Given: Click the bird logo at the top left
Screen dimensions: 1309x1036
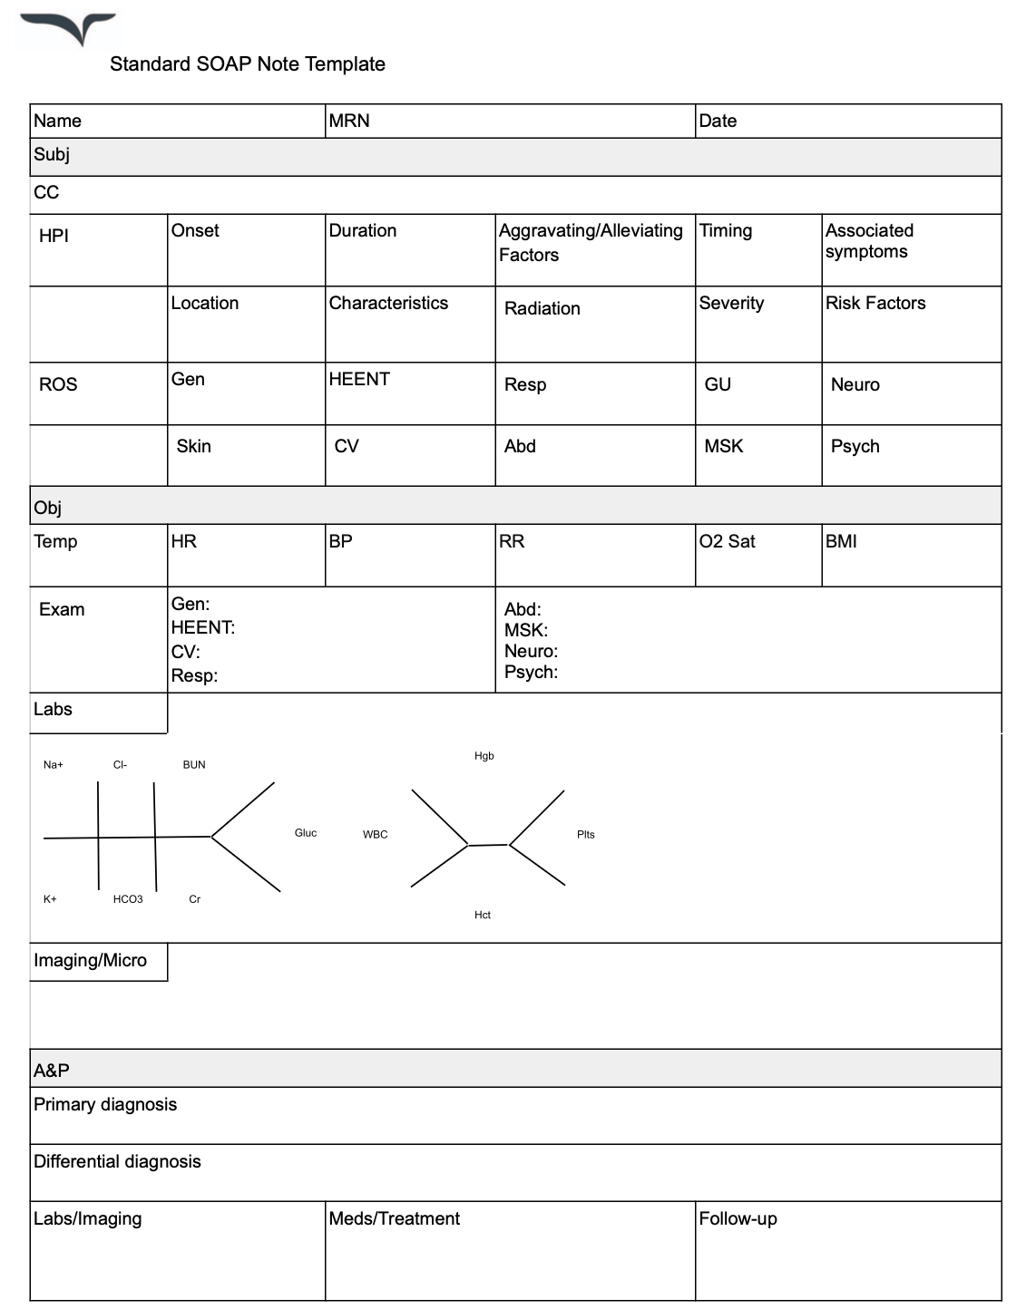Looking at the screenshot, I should [69, 28].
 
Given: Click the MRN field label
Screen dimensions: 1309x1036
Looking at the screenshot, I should [349, 121].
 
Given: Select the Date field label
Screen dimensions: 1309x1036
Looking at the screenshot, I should [718, 121].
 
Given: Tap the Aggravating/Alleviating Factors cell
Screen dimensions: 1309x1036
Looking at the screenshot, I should [591, 243].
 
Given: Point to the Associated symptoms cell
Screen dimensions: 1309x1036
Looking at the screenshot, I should [869, 241].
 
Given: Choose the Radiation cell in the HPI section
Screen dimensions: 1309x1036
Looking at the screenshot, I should [542, 309].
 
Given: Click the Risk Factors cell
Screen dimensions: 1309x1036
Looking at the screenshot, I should [875, 304].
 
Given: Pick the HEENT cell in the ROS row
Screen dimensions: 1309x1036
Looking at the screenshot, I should [359, 380].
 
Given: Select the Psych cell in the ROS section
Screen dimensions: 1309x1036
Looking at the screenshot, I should [855, 447].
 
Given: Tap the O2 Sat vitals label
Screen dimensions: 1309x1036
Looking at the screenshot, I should [728, 542].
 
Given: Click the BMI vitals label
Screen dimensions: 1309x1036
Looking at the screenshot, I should [841, 542].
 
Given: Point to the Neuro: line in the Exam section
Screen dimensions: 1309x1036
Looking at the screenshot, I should [531, 652].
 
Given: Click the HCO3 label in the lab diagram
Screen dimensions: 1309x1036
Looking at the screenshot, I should [128, 899].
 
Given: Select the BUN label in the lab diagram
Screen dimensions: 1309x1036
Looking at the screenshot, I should [194, 765].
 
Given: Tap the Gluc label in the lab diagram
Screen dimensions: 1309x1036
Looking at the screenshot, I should [306, 833].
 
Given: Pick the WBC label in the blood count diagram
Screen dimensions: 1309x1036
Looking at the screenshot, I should [375, 835].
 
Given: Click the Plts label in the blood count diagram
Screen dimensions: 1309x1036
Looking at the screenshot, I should [586, 835].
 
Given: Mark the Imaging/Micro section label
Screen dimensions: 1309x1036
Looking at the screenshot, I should [90, 961].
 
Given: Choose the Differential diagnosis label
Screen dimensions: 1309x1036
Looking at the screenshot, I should [117, 1162].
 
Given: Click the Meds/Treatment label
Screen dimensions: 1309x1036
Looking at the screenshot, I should [394, 1219].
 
